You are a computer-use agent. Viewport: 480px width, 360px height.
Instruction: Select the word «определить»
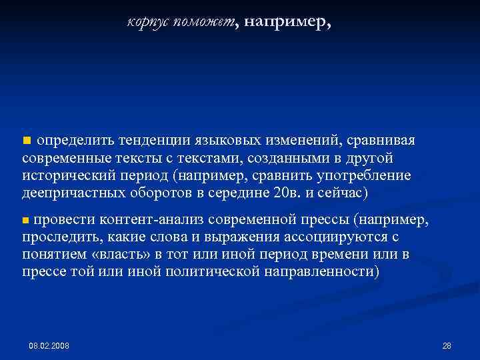(75, 141)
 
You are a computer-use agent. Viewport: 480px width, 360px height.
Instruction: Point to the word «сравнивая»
(382, 141)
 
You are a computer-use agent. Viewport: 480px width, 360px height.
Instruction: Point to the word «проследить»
(58, 237)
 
